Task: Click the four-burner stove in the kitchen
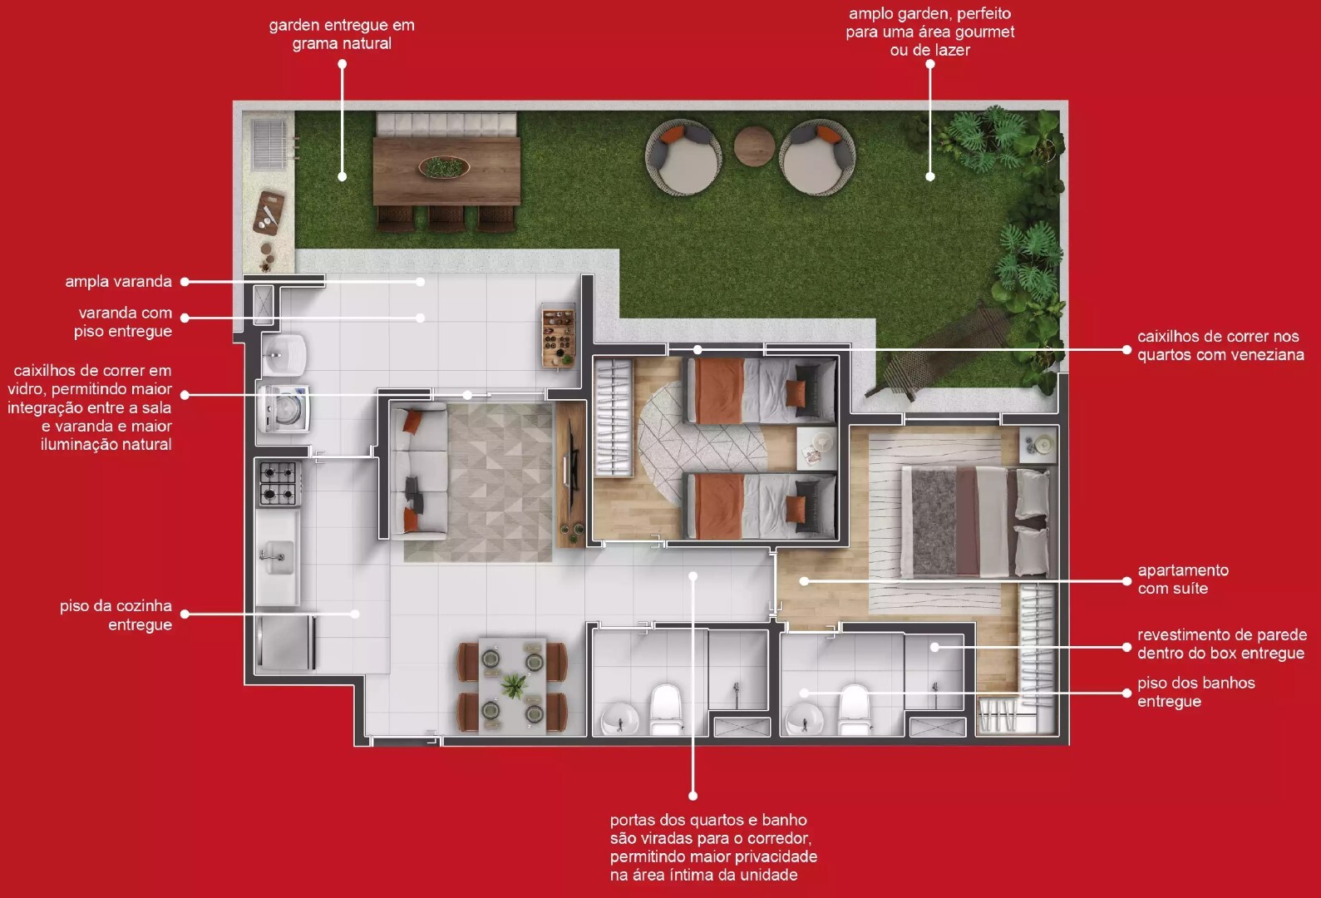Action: (279, 483)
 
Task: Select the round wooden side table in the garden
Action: (754, 146)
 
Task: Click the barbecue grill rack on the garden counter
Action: (269, 144)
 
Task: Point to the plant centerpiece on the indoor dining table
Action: (515, 686)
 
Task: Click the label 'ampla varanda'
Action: (119, 281)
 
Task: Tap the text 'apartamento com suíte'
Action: (1183, 579)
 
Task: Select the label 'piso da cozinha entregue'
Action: (116, 614)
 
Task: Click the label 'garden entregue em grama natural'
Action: (342, 33)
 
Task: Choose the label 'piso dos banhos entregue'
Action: (1196, 692)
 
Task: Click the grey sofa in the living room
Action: (419, 471)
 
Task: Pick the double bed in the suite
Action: (978, 521)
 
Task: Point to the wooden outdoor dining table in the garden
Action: (447, 171)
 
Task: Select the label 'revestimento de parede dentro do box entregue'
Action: (1220, 644)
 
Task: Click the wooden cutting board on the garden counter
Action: (269, 212)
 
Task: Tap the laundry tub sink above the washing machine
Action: (283, 354)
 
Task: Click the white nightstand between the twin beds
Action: (816, 448)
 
